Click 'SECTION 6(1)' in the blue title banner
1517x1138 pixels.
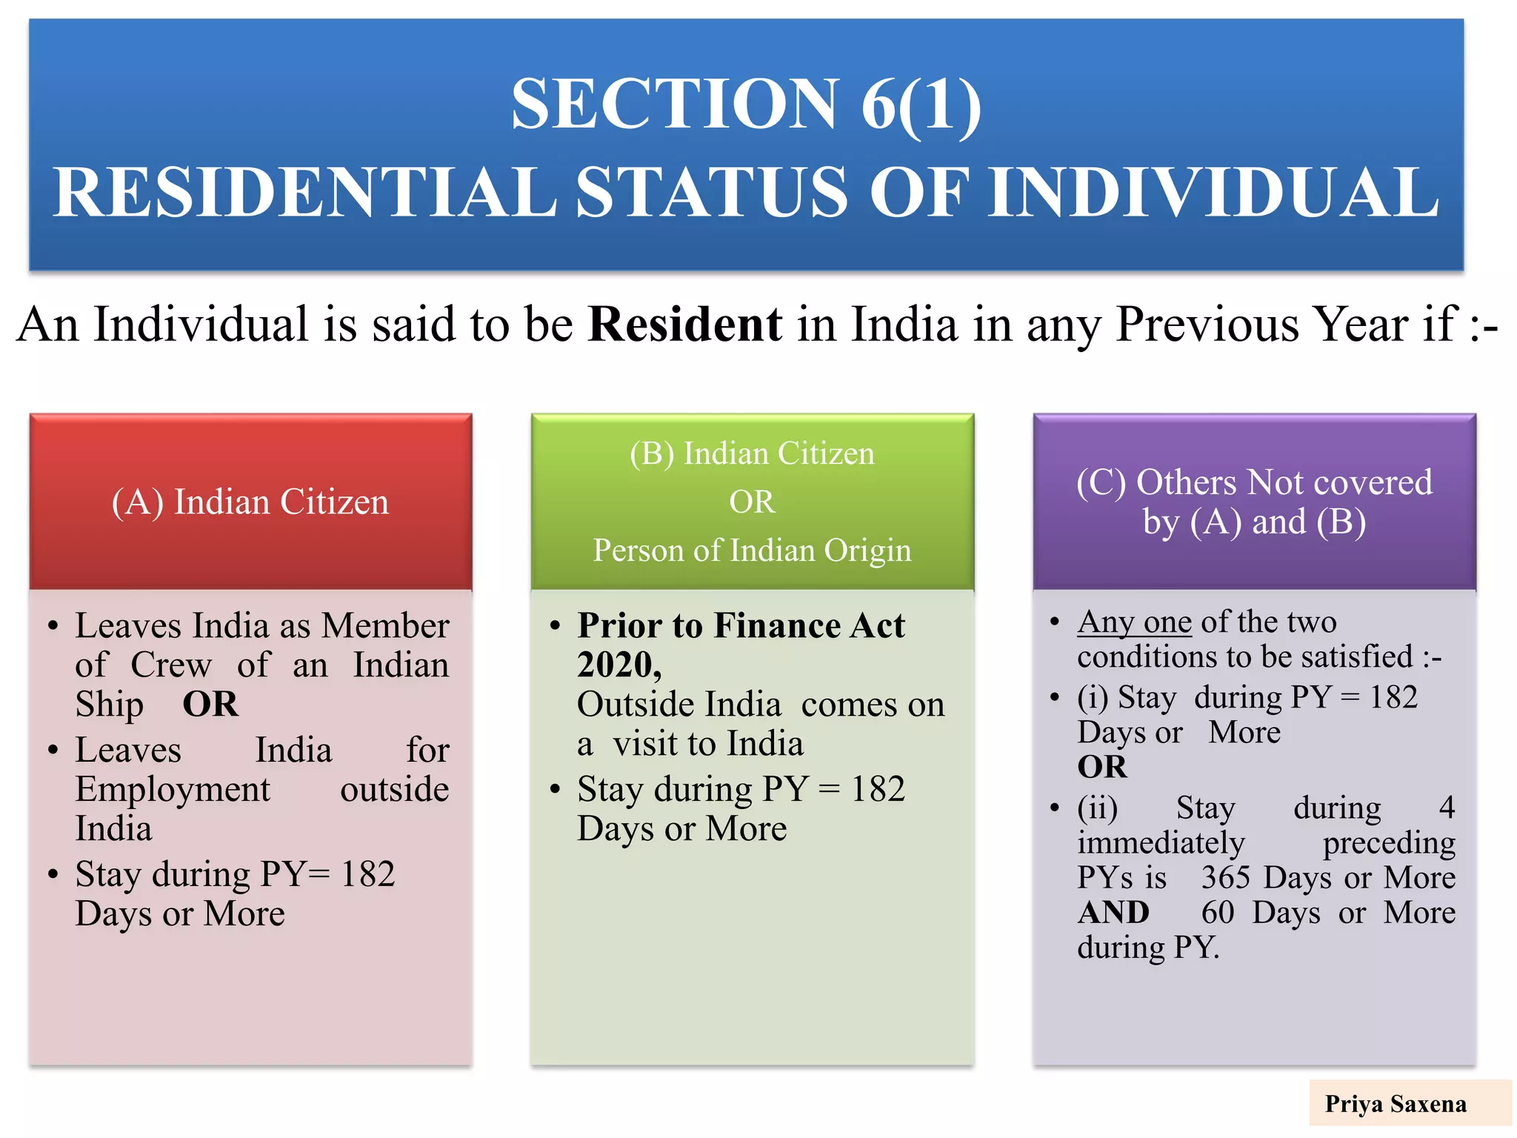coord(746,104)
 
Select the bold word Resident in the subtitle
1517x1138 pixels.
coord(684,325)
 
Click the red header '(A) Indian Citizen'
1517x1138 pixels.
coord(250,502)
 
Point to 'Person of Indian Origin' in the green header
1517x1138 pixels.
coord(752,550)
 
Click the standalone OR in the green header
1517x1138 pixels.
coord(752,502)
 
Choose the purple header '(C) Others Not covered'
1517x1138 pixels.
coord(1254,482)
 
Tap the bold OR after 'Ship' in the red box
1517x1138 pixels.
coord(210,704)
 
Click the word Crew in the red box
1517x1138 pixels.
coord(171,665)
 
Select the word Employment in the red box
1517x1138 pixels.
coord(173,789)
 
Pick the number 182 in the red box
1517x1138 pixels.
coord(367,874)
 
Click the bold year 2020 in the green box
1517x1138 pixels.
coord(617,665)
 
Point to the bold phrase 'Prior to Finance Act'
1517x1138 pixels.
coord(741,625)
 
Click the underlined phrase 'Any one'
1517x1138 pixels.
coord(1134,622)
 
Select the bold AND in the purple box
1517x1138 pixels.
coord(1113,912)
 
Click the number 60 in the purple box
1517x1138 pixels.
coord(1217,912)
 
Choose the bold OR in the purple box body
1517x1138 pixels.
coord(1101,767)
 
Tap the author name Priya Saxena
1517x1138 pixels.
coord(1396,1104)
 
